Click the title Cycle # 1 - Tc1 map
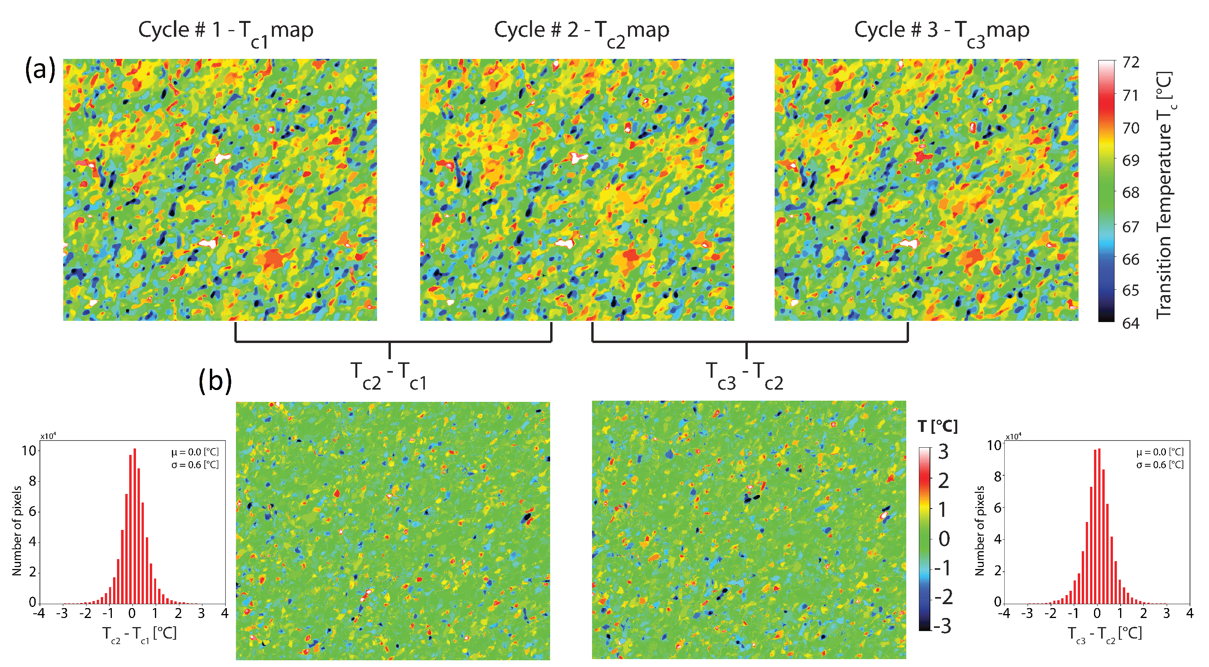pyautogui.click(x=225, y=31)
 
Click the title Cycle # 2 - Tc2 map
pyautogui.click(x=581, y=31)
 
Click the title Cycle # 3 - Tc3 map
pyautogui.click(x=941, y=31)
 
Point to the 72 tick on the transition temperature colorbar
pyautogui.click(x=1131, y=62)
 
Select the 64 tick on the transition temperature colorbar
pyautogui.click(x=1131, y=323)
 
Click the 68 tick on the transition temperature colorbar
pyautogui.click(x=1131, y=192)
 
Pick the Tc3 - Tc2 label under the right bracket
pyautogui.click(x=745, y=375)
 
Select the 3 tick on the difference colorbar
pyautogui.click(x=943, y=452)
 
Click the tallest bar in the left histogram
pyautogui.click(x=135, y=526)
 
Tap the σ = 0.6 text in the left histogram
pyautogui.click(x=195, y=465)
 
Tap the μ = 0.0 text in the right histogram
pyautogui.click(x=1160, y=452)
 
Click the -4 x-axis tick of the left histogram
pyautogui.click(x=39, y=614)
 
